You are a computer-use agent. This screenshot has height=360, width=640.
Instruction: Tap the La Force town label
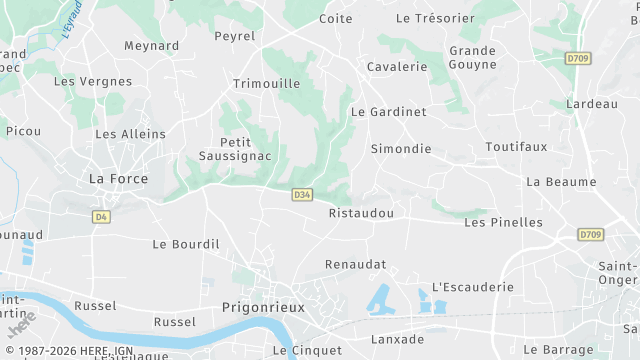click(118, 179)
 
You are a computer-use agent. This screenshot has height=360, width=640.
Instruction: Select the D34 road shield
click(302, 194)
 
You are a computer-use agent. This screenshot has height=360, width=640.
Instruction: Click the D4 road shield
click(101, 216)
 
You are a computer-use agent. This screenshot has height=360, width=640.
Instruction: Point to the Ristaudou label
click(361, 213)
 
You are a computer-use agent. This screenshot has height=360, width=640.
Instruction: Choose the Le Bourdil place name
click(185, 243)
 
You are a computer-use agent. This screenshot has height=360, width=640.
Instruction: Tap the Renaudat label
click(355, 264)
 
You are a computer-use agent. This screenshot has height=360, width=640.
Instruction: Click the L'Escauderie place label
click(472, 287)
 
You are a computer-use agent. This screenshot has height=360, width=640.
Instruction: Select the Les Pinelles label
click(503, 222)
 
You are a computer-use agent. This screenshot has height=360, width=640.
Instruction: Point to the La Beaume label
click(560, 182)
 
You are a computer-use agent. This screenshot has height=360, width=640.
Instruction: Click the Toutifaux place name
click(516, 146)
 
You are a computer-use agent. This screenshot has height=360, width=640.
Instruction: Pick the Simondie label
click(400, 149)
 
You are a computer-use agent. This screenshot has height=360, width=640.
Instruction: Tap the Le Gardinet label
click(388, 112)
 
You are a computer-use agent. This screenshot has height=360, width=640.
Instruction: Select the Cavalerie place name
click(397, 67)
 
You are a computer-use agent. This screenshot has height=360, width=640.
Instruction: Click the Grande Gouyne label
click(472, 57)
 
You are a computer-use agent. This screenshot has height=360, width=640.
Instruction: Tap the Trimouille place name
click(266, 84)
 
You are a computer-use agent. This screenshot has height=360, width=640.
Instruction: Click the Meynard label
click(151, 46)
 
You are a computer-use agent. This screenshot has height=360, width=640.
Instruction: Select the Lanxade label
click(397, 340)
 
